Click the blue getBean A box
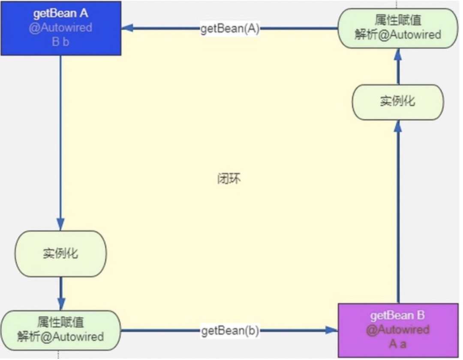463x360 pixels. tap(60, 28)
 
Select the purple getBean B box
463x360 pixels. tap(398, 330)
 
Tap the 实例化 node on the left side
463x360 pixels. tap(60, 254)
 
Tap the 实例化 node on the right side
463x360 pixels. tap(397, 102)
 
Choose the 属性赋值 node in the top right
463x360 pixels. tap(397, 28)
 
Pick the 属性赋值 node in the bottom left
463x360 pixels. tap(60, 330)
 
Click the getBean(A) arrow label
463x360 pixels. tap(230, 29)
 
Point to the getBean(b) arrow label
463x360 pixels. tap(230, 331)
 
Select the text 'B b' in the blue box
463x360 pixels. tap(60, 42)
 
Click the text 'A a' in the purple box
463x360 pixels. tap(397, 344)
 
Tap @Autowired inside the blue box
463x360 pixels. tap(60, 28)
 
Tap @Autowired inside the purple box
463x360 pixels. tap(397, 330)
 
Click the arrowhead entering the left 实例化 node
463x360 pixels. tap(60, 226)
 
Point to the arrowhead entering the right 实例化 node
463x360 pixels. tap(397, 126)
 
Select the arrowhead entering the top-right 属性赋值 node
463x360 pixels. tap(397, 54)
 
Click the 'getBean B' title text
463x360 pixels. tap(397, 316)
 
